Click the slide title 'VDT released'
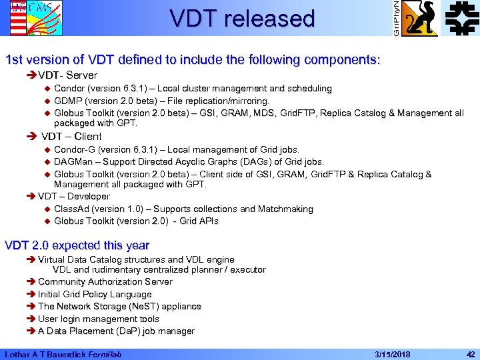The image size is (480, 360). pos(242,18)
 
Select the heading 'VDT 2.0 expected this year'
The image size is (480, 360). pos(77,245)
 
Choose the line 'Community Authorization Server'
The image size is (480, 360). pos(105,281)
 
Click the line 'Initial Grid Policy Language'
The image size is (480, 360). pos(95,294)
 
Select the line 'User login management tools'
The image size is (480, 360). pos(99,319)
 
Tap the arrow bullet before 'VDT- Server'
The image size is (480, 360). pos(31,75)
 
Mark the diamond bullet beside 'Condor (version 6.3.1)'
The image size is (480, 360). pos(47,89)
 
